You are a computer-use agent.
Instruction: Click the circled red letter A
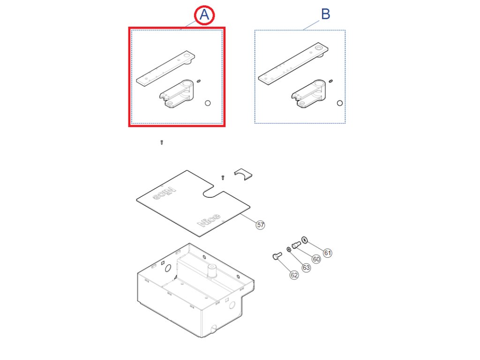tap(204, 15)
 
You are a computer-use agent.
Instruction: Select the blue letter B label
tap(325, 14)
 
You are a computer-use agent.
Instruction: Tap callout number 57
tap(260, 225)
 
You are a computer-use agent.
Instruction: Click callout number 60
tap(316, 259)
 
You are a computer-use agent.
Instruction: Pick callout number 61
tap(328, 253)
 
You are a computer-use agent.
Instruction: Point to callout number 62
tap(294, 275)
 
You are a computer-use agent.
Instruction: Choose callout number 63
tap(306, 268)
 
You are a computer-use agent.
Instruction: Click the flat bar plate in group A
tap(165, 68)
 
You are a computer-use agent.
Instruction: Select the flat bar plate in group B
tap(293, 64)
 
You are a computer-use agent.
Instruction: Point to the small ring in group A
tap(208, 103)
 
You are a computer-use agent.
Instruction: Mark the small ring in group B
tap(339, 103)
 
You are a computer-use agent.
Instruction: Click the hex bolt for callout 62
tap(277, 255)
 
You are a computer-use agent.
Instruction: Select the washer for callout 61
tap(304, 240)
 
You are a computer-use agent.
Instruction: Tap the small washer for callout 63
tap(289, 249)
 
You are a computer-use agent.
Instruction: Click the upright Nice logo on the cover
tap(209, 220)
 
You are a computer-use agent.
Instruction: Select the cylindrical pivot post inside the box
tap(212, 271)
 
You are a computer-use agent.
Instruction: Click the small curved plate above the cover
tap(243, 174)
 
